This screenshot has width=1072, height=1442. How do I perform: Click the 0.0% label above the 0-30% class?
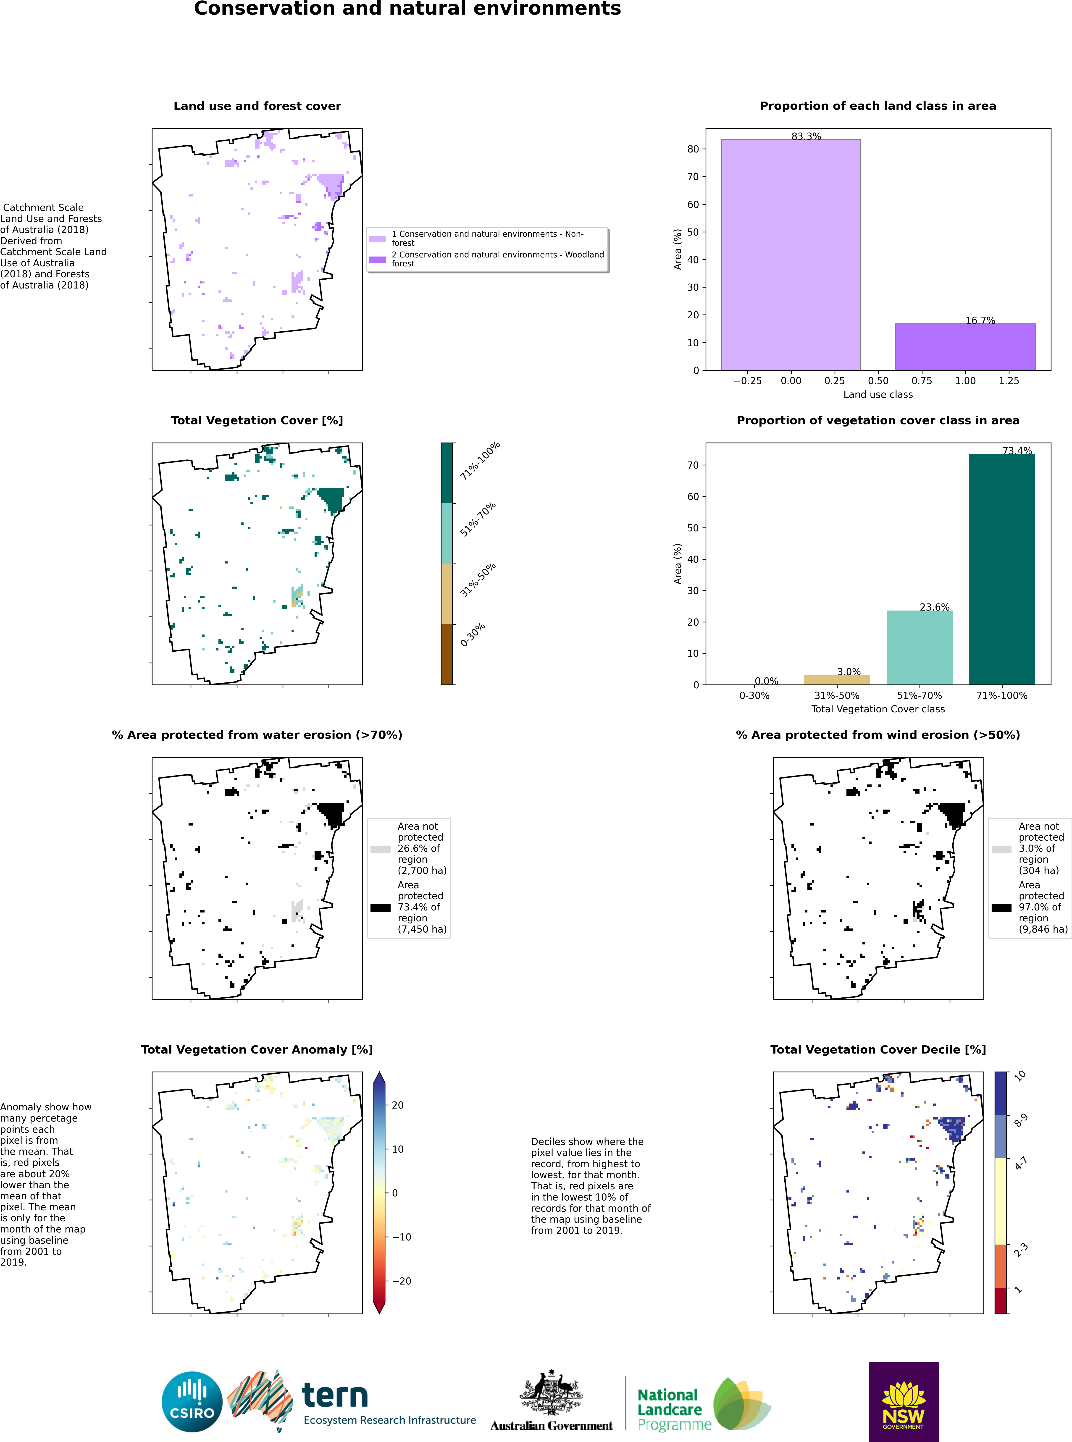coord(766,681)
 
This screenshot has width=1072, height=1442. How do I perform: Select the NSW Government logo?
coord(903,1401)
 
